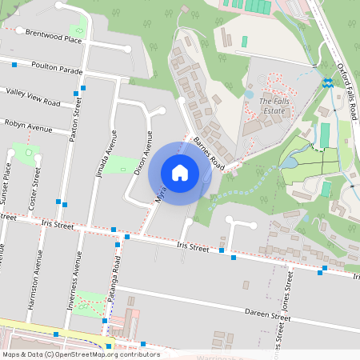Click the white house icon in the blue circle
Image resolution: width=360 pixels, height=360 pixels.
coord(180,172)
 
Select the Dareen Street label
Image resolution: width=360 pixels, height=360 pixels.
coord(267,317)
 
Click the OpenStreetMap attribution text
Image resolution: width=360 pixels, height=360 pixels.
coord(81,354)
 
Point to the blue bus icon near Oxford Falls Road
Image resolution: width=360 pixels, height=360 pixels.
coord(328,82)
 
